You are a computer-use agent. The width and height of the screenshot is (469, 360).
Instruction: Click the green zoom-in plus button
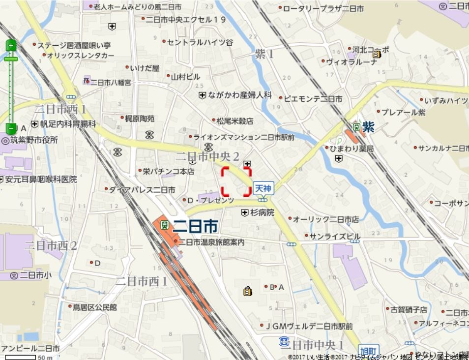tap(11, 46)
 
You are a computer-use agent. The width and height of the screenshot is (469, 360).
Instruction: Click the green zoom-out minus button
tap(11, 128)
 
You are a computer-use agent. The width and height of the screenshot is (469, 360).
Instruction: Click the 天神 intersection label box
tap(264, 188)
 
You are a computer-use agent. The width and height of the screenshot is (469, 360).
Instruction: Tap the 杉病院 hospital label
tap(261, 213)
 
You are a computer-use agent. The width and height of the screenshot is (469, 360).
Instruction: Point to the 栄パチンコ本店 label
tap(169, 172)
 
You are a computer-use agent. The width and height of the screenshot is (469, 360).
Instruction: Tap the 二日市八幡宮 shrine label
tap(111, 82)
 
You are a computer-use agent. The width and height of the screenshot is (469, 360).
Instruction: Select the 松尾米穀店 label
tap(235, 120)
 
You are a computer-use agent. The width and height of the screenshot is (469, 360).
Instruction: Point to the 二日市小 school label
tap(35, 275)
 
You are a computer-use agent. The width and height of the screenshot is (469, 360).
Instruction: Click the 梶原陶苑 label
tap(140, 119)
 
